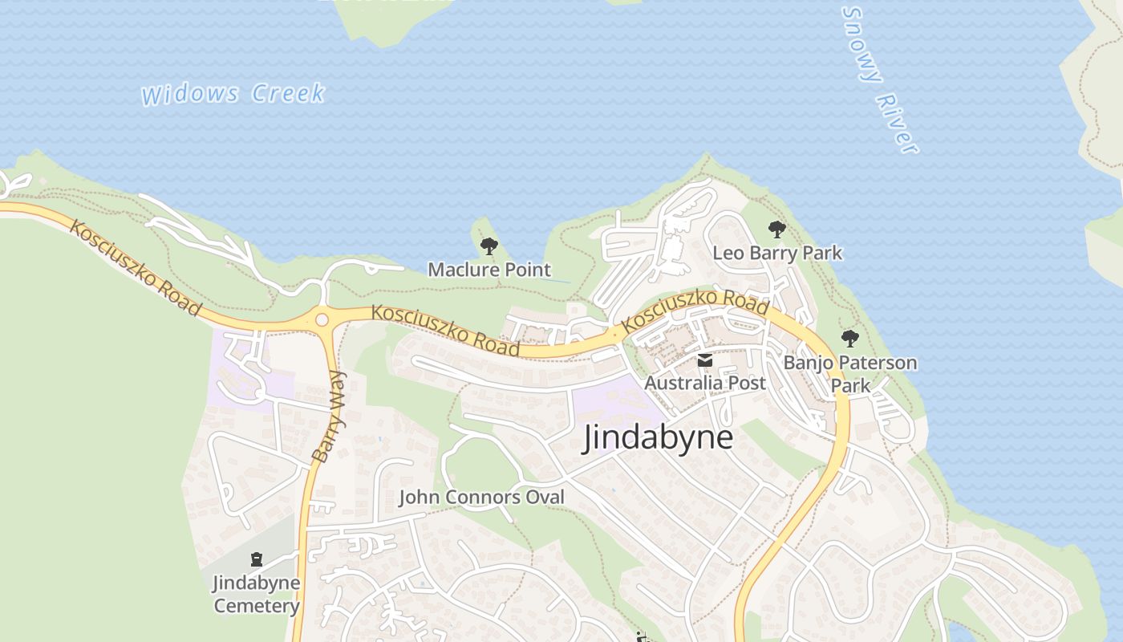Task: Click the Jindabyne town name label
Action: point(658,438)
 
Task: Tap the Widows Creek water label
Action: point(233,94)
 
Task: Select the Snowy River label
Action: point(879,79)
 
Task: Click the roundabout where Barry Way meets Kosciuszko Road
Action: point(322,319)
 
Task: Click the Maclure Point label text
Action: point(489,270)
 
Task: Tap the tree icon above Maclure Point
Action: point(489,246)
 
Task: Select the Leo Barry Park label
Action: point(777,254)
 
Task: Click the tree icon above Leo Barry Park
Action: point(776,230)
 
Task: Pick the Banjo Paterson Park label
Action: point(850,373)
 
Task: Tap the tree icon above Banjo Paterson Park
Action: point(849,338)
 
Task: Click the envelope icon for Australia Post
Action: point(704,360)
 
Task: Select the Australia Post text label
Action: point(705,383)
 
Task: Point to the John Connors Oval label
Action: point(481,498)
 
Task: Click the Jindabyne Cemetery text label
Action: point(257,594)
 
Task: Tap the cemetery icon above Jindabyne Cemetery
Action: point(257,559)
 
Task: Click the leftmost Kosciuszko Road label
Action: point(135,267)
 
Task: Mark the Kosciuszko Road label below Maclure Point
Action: point(445,330)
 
